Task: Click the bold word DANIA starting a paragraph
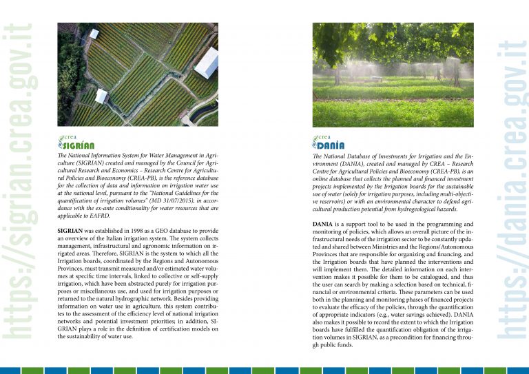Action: click(x=323, y=224)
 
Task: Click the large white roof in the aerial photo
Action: click(x=207, y=63)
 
